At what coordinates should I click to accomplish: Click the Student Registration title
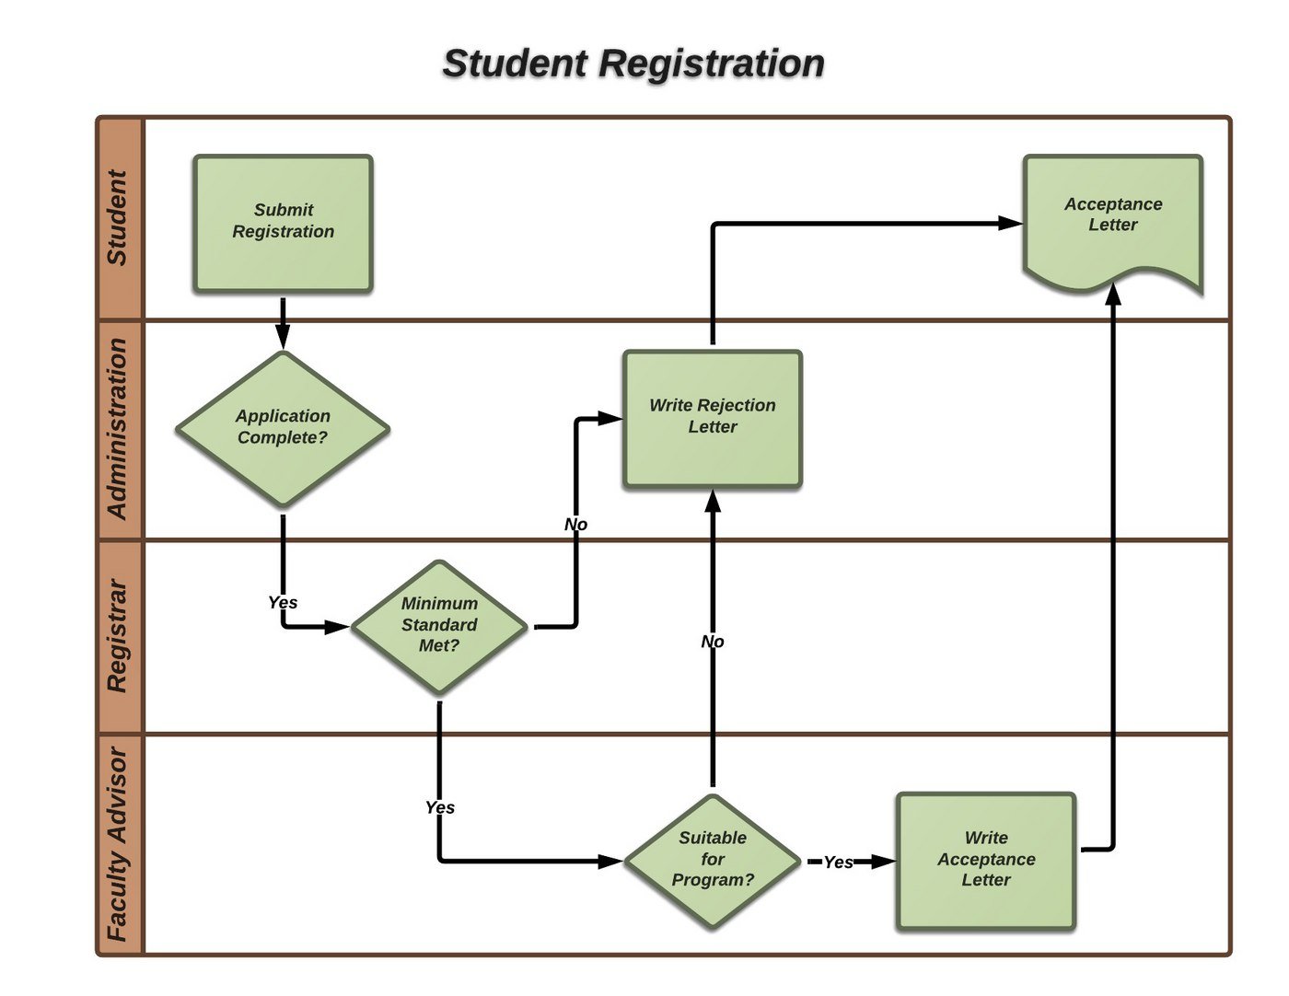[x=633, y=64]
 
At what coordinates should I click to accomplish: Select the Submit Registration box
[x=283, y=223]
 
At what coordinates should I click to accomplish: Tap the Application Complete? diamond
[x=283, y=428]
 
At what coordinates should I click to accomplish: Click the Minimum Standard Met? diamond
[x=439, y=626]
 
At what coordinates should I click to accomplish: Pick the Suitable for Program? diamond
[x=713, y=860]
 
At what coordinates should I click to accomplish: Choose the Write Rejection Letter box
[x=713, y=418]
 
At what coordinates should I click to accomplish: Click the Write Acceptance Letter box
[x=986, y=860]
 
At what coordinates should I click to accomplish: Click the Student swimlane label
[x=118, y=218]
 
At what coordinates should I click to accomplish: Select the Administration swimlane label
[x=118, y=429]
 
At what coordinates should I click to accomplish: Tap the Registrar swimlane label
[x=118, y=636]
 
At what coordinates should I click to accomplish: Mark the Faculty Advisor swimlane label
[x=118, y=843]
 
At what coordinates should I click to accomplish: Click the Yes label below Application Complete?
[x=283, y=602]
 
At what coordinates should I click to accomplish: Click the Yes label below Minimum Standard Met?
[x=440, y=807]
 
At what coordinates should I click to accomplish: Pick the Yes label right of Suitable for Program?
[x=838, y=862]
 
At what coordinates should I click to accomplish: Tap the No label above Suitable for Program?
[x=713, y=642]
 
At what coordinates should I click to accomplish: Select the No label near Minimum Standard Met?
[x=575, y=525]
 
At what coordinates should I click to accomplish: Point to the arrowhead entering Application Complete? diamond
[x=283, y=341]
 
